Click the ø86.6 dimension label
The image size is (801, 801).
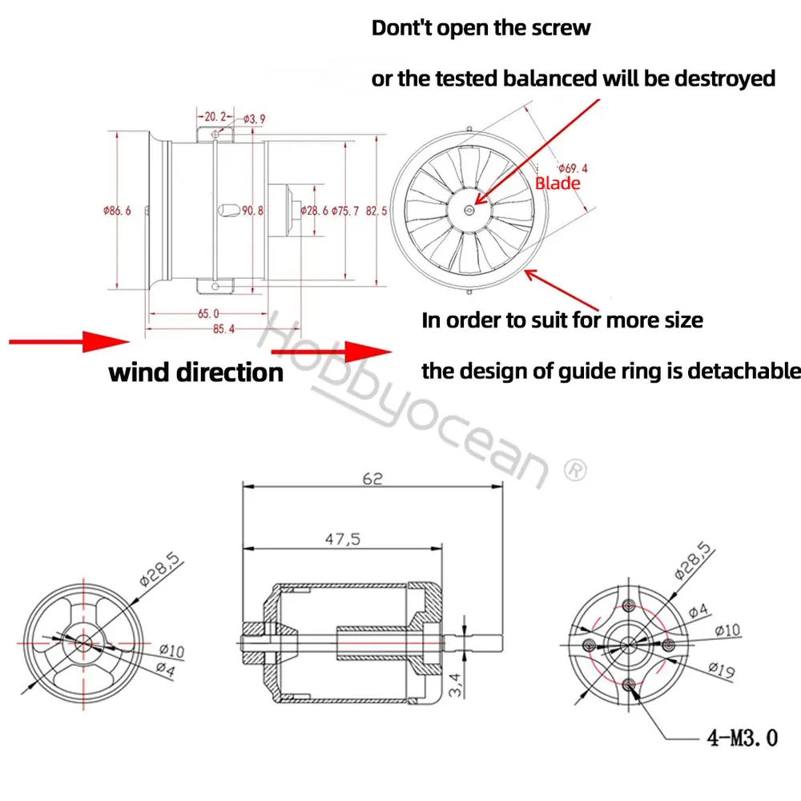(116, 211)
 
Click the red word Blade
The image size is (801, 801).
(557, 183)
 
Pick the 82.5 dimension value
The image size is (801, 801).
(376, 211)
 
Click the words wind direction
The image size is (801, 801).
(195, 372)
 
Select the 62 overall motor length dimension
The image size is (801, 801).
(372, 478)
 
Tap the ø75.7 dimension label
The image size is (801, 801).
(345, 211)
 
